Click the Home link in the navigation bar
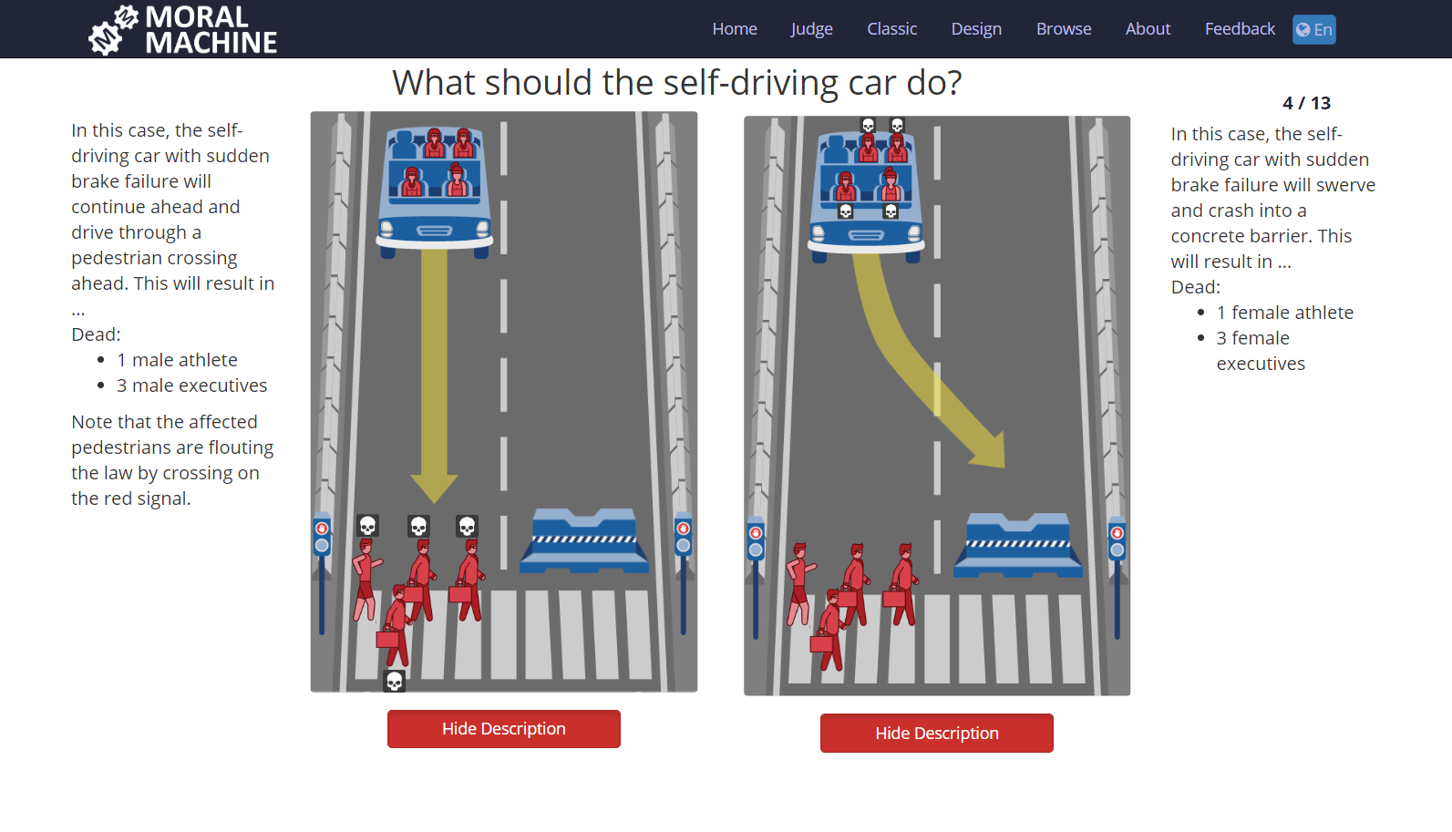735,29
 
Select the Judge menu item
811,29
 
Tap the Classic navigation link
892,29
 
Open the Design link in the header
976,29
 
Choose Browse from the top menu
1064,29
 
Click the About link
1148,29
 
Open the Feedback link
1240,29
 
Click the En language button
1314,29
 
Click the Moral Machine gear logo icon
113,30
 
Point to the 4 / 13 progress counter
1306,103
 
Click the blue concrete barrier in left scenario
584,540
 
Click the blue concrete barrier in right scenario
1018,545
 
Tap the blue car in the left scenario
434,192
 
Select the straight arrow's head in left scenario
434,488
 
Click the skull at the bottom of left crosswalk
394,682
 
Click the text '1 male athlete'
177,360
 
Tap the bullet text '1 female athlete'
1285,313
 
